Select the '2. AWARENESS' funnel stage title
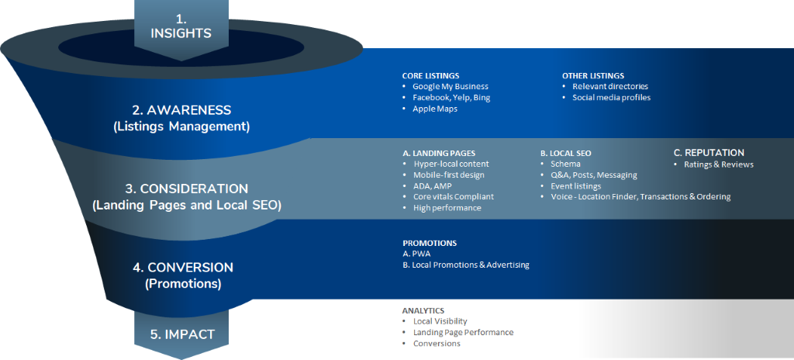(x=181, y=110)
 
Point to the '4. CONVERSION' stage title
(x=182, y=267)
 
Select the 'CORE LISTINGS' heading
(x=430, y=75)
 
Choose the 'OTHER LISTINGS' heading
(x=592, y=75)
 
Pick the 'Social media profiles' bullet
(x=611, y=98)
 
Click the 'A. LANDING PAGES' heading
(x=439, y=153)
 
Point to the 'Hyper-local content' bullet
(x=451, y=164)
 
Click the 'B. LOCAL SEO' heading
(x=566, y=153)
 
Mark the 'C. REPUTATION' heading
(x=708, y=153)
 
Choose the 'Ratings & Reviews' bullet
(x=718, y=164)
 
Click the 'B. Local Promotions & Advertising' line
(x=465, y=265)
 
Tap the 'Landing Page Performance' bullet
(x=463, y=332)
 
